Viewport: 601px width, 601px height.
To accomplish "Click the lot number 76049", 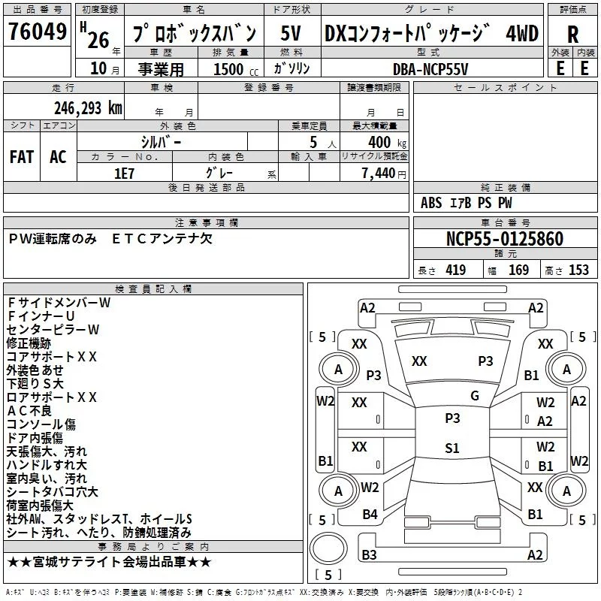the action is click(x=37, y=31).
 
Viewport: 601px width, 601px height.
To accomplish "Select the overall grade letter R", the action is click(x=572, y=35).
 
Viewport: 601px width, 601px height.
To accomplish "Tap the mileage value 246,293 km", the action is click(x=88, y=108).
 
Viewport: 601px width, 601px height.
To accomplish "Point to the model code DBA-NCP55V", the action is click(x=430, y=69).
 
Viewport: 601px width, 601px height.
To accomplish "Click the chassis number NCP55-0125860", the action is click(x=505, y=239).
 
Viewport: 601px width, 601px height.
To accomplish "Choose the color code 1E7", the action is click(x=124, y=174).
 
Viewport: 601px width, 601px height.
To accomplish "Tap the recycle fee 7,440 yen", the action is click(x=384, y=174).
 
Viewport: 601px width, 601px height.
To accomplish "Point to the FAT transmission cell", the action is click(x=22, y=157).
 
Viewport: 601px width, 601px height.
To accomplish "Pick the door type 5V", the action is click(x=291, y=33).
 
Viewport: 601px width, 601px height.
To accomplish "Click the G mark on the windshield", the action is click(x=475, y=396).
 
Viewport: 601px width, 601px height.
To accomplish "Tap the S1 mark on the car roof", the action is click(x=452, y=448).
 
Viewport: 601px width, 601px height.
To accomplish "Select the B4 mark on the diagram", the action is click(x=370, y=515).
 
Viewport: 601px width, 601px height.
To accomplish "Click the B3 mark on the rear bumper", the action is click(x=369, y=554).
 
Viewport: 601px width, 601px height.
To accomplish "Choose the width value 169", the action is click(x=518, y=270).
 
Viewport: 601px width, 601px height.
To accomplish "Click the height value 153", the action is click(x=578, y=270).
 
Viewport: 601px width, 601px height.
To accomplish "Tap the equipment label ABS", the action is click(x=431, y=203).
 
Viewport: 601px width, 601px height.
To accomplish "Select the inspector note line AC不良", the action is click(x=29, y=411).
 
